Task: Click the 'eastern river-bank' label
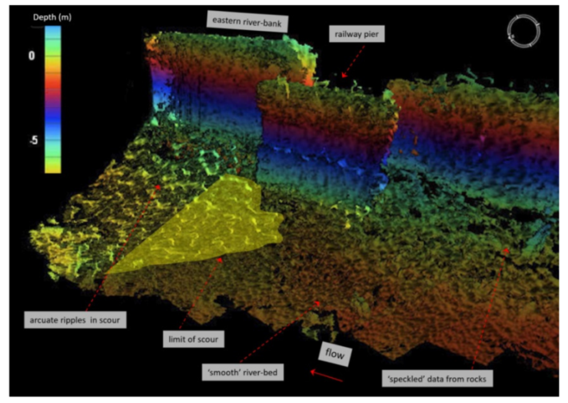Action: click(248, 22)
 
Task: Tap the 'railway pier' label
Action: click(357, 35)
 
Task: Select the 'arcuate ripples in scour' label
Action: click(75, 320)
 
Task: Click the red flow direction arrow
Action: click(327, 376)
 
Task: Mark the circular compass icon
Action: click(523, 31)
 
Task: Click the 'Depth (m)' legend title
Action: click(53, 17)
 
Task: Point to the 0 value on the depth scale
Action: click(32, 55)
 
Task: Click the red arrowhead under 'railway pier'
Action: click(343, 74)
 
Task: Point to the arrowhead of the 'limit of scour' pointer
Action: click(221, 259)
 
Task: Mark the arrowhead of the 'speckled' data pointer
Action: click(505, 251)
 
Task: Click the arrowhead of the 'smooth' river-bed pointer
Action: click(317, 303)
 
